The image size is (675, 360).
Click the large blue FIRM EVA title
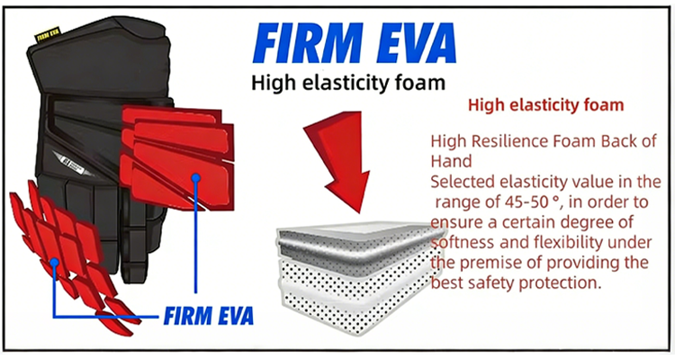(355, 43)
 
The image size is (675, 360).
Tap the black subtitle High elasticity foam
(348, 83)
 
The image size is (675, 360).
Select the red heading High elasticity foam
(546, 105)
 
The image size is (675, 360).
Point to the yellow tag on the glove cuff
(48, 34)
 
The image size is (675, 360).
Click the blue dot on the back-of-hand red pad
(196, 177)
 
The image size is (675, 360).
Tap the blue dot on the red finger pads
(54, 262)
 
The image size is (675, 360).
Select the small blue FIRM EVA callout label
(209, 316)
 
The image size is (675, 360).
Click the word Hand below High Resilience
(451, 161)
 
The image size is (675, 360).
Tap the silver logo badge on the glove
(73, 164)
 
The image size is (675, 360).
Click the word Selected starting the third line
(463, 182)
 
